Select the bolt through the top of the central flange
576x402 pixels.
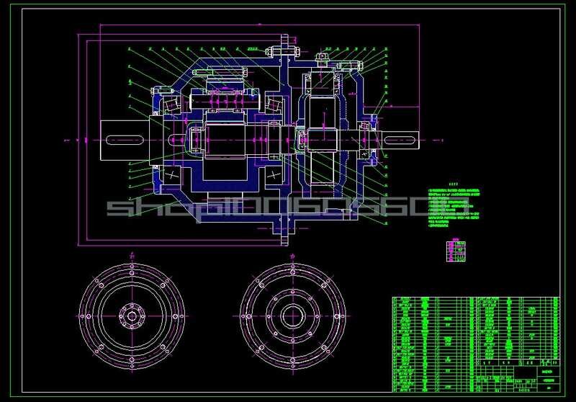click(287, 51)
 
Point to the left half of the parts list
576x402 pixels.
click(429, 341)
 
